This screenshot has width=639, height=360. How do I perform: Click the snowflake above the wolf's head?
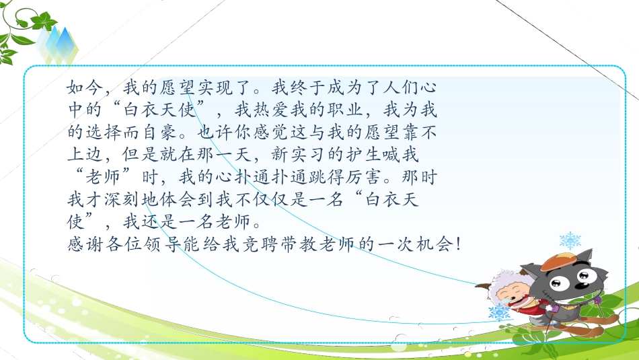[570, 240]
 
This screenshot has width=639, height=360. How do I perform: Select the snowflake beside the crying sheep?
[498, 313]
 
